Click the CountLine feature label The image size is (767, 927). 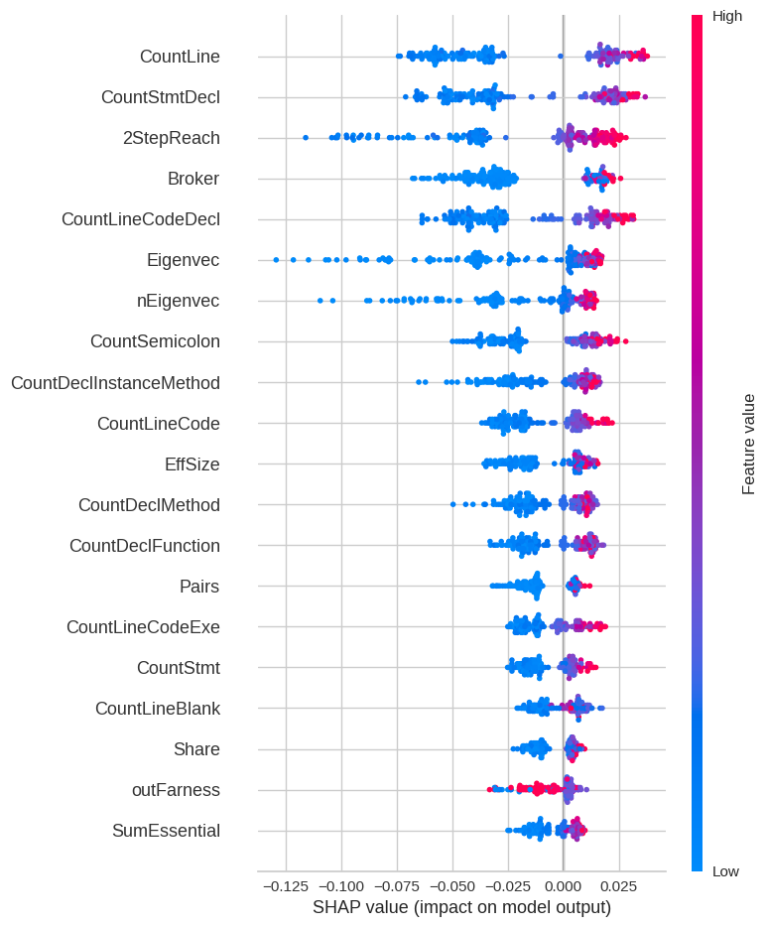[x=180, y=57]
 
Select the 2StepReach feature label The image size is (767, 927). [x=171, y=138]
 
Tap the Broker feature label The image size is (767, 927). [x=193, y=179]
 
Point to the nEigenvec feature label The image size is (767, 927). [x=178, y=301]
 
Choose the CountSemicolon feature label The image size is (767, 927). [x=155, y=341]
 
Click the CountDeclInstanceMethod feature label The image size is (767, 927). [x=115, y=382]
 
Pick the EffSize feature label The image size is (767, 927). [x=192, y=463]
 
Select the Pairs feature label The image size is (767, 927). [x=199, y=587]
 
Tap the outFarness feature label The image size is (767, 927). [x=176, y=790]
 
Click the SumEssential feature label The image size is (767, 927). [x=166, y=831]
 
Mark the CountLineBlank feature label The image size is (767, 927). [x=157, y=709]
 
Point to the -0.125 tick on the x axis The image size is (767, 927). [x=286, y=885]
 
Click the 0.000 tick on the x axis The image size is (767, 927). [x=564, y=885]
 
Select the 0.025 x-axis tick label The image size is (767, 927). [x=619, y=885]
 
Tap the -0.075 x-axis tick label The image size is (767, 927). [x=397, y=885]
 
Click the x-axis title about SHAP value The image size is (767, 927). [x=461, y=907]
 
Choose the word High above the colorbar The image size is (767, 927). [x=727, y=16]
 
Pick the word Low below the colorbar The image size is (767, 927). [x=725, y=871]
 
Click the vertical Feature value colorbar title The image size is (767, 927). [x=749, y=444]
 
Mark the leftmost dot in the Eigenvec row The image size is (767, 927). [x=276, y=260]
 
